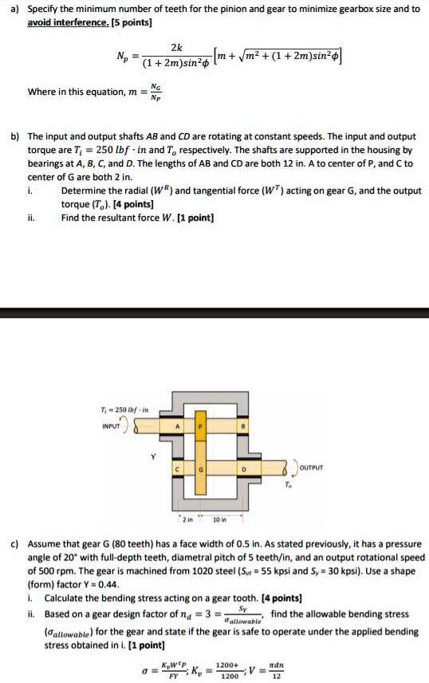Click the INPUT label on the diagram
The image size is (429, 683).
(112, 426)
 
